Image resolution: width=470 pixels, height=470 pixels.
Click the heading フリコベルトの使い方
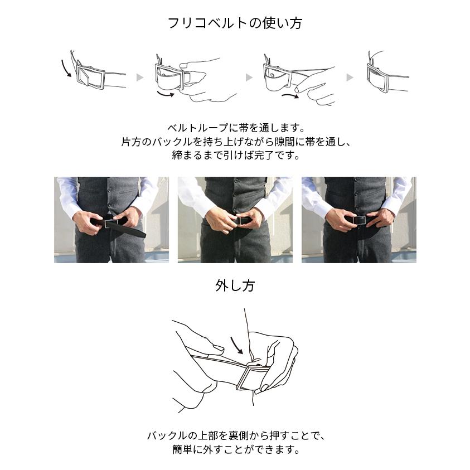click(x=235, y=23)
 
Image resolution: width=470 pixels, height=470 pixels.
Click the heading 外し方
click(x=235, y=286)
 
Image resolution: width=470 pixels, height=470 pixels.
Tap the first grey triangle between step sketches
click(x=140, y=77)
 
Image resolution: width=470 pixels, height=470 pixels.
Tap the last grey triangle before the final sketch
click(x=350, y=77)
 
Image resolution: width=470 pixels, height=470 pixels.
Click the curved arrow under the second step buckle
click(x=166, y=95)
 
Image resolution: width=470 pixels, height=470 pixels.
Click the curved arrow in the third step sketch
click(x=290, y=96)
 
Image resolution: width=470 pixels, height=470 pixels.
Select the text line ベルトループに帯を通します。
click(x=235, y=128)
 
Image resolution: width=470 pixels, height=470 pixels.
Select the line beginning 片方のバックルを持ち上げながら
click(x=235, y=142)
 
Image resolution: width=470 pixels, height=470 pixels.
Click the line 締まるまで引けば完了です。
click(x=235, y=156)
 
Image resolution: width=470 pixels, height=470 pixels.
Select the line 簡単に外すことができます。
click(x=235, y=449)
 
